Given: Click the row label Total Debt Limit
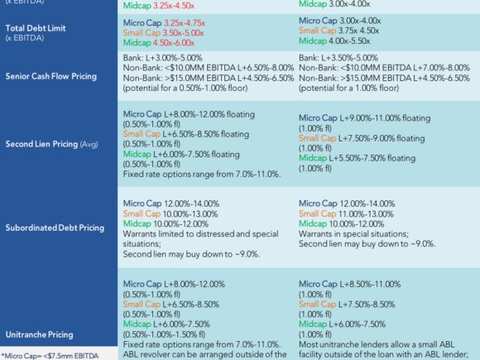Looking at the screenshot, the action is coord(36,28).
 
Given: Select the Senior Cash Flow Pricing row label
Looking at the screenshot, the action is coord(51,76).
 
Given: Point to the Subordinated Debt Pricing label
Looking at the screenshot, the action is coord(55,228).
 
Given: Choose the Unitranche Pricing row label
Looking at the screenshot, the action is coord(39,334).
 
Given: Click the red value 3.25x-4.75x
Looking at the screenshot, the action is coord(185,23).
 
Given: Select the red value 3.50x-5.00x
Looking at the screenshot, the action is coord(183,33).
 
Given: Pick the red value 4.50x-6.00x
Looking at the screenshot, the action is coord(174,43).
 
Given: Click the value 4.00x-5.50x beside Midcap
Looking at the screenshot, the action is coord(349,41).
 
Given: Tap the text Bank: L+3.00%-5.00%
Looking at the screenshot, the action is coord(162,58).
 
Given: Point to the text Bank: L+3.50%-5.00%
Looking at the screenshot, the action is coord(338,58).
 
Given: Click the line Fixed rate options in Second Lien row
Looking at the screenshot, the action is coord(202,174).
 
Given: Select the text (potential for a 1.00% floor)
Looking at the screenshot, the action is coord(348,89).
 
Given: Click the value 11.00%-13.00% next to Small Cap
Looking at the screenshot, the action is coord(366,214).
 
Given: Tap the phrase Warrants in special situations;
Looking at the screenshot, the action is coord(353,234).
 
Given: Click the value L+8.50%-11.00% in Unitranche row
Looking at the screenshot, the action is coord(370,284).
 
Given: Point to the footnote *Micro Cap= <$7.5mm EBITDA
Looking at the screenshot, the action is coord(50,356).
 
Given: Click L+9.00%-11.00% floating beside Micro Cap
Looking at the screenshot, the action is coord(385,118).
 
